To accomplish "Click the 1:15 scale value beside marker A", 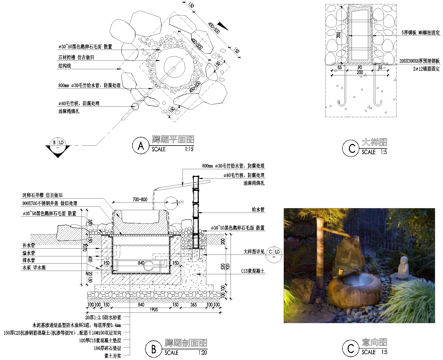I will (189, 151).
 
